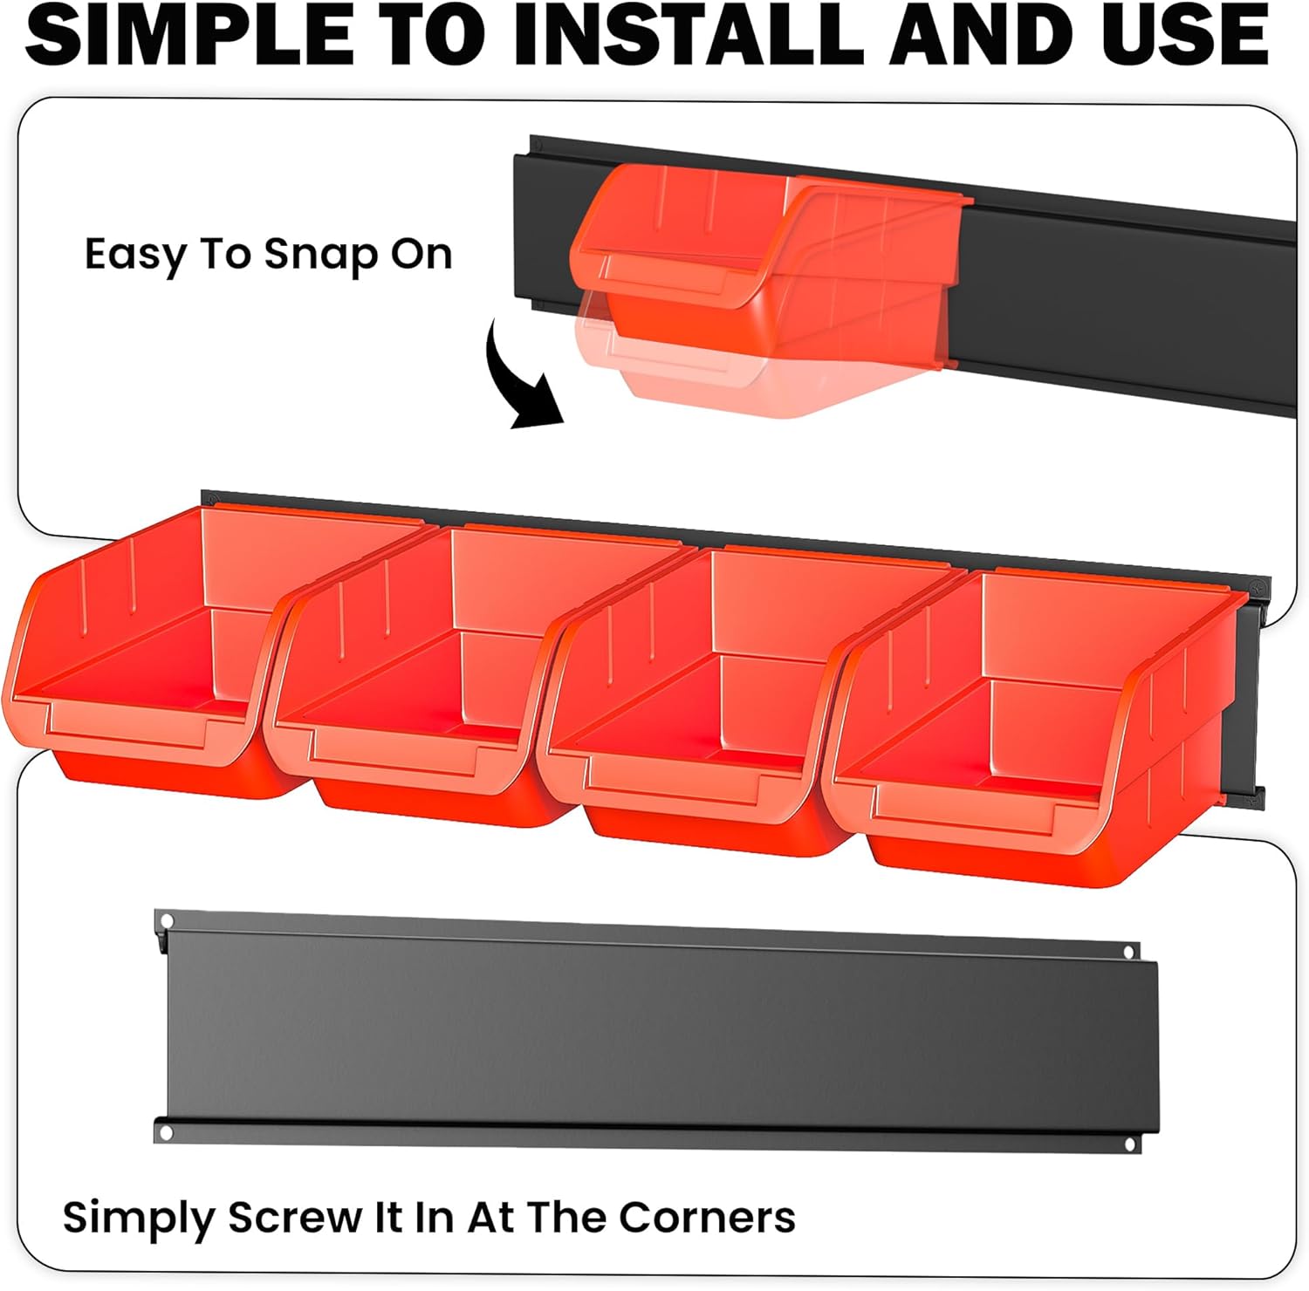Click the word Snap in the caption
coord(321,254)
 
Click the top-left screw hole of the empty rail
coord(167,921)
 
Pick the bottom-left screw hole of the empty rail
coord(167,1132)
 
